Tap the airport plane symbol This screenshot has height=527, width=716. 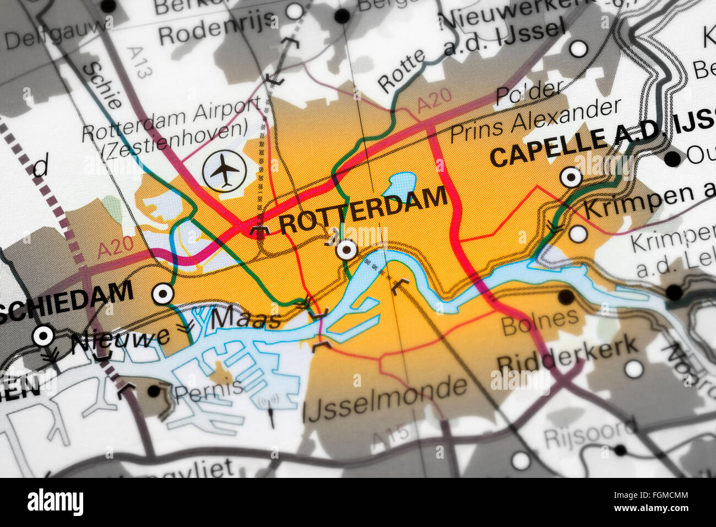[224, 170]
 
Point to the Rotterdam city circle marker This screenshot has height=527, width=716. [346, 250]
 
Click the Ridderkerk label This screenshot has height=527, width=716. [567, 354]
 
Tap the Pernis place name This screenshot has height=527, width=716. [209, 389]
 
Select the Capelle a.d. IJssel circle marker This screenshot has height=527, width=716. [571, 178]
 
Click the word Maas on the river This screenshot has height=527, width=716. [246, 318]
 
